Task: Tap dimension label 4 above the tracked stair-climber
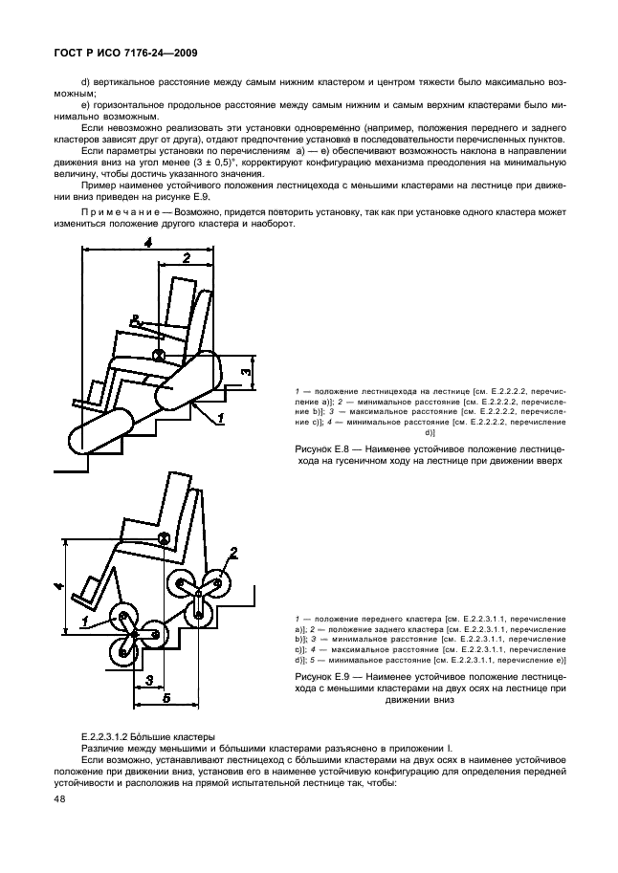(x=147, y=244)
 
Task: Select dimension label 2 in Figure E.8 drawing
(x=186, y=256)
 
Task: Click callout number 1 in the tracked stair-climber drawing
(x=219, y=418)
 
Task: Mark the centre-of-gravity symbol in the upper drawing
(x=160, y=356)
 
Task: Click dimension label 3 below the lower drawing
(x=148, y=680)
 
